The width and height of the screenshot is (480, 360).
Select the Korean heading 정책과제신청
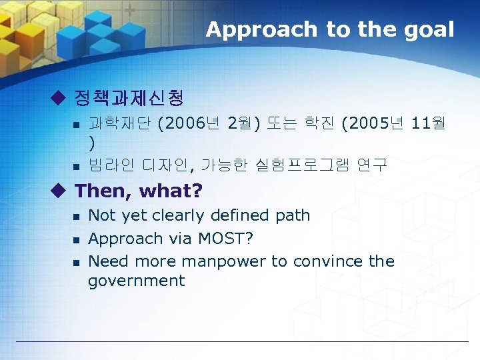129,99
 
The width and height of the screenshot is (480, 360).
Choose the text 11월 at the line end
429,123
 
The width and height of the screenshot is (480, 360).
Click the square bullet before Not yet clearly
76,217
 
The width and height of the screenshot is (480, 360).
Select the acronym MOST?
224,239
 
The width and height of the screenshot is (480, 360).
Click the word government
136,281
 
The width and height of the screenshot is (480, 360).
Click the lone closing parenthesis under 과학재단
91,143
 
